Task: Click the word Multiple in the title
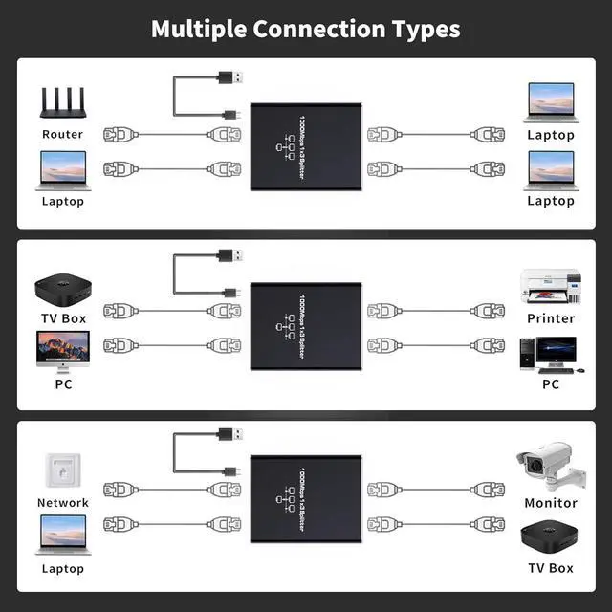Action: (198, 29)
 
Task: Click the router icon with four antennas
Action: (62, 103)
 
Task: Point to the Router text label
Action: (62, 135)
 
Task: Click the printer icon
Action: (550, 286)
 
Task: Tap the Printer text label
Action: (551, 318)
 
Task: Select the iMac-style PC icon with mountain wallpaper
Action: (63, 350)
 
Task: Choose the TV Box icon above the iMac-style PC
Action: (63, 288)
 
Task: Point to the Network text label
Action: (63, 503)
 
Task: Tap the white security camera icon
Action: (545, 467)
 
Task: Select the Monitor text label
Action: (551, 503)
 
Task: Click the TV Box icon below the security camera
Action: (550, 536)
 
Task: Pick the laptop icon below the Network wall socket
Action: (63, 535)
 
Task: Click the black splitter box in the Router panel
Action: (307, 146)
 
